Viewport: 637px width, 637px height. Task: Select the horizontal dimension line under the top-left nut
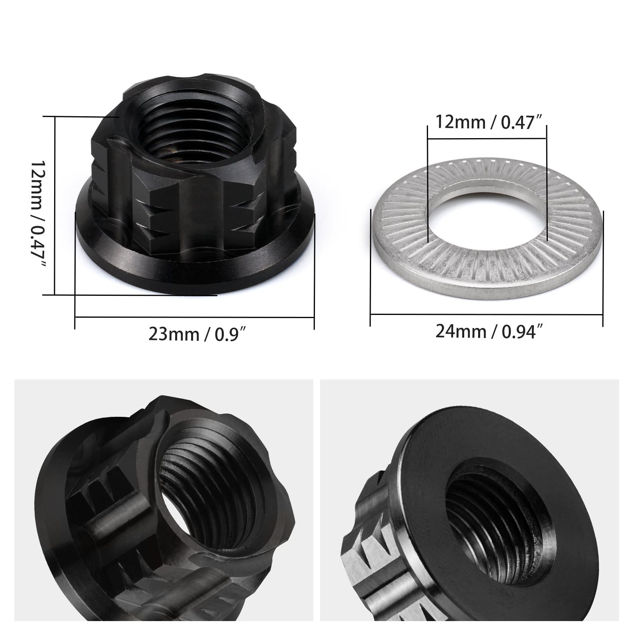click(194, 317)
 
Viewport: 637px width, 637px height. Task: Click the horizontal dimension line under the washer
click(486, 314)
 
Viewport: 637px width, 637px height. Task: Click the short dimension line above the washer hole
click(487, 139)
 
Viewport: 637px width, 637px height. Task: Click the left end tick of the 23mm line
click(75, 271)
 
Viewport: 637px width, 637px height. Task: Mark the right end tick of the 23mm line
click(315, 271)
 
